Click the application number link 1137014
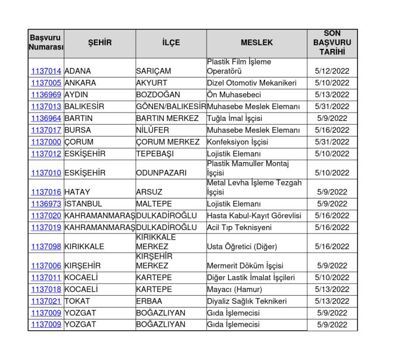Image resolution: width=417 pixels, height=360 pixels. coord(46,72)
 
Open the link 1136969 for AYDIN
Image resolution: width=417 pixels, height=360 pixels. coord(46,95)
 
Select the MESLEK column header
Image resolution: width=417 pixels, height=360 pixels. coord(257,43)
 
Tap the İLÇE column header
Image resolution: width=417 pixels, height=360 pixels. coord(171,43)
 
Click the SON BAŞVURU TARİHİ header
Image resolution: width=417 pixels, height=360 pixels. coord(332,43)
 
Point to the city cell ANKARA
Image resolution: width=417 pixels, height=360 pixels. coord(80,83)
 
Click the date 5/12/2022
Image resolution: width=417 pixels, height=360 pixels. coord(332,72)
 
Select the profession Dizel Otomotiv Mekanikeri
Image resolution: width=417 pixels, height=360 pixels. coord(251,83)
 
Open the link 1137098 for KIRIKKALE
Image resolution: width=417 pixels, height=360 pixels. coord(46,247)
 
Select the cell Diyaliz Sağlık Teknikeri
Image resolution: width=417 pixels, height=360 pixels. coord(247,301)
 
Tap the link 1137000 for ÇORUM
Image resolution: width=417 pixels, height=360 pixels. coord(46,142)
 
